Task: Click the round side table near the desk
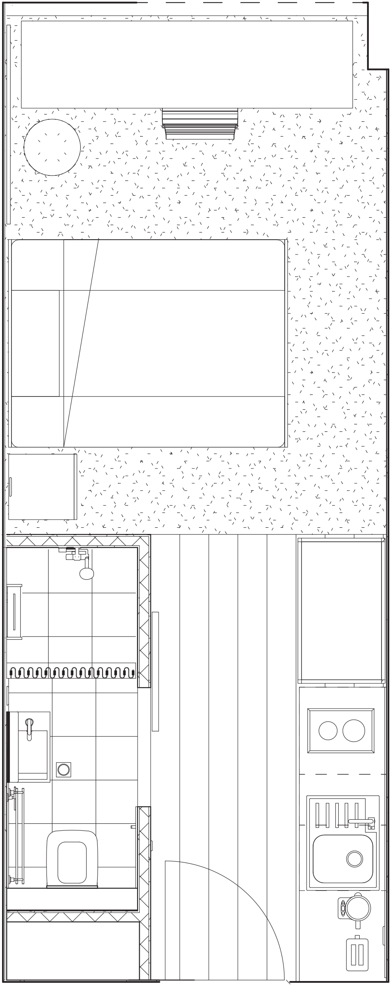(52, 147)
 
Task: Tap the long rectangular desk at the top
(187, 64)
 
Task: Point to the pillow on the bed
(35, 343)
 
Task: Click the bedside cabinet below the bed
(42, 487)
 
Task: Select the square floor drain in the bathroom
(63, 769)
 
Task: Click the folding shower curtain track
(72, 673)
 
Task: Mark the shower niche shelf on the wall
(15, 611)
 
